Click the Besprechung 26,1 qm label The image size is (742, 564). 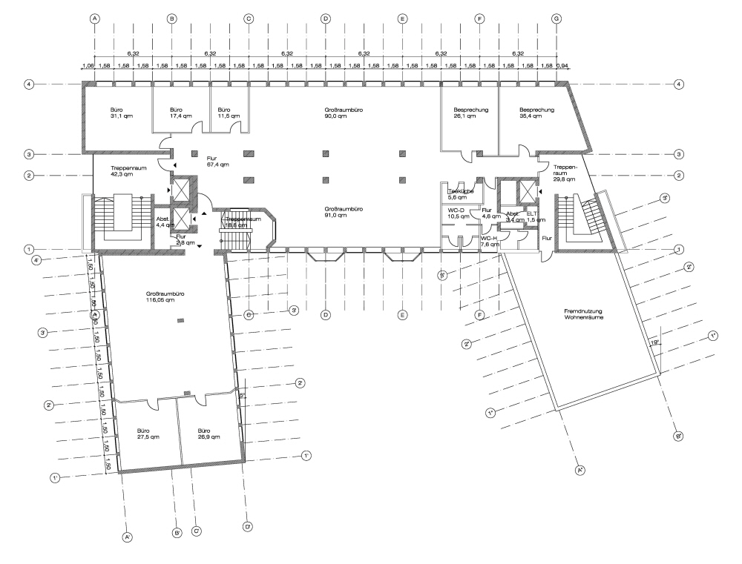pyautogui.click(x=470, y=113)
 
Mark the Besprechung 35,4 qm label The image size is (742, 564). pyautogui.click(x=537, y=113)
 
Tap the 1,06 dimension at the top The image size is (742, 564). pyautogui.click(x=88, y=66)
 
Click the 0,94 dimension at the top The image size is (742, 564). pyautogui.click(x=562, y=66)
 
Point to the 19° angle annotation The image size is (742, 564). pyautogui.click(x=654, y=342)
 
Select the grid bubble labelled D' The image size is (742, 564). pyautogui.click(x=248, y=527)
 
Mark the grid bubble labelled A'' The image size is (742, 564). pyautogui.click(x=581, y=469)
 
